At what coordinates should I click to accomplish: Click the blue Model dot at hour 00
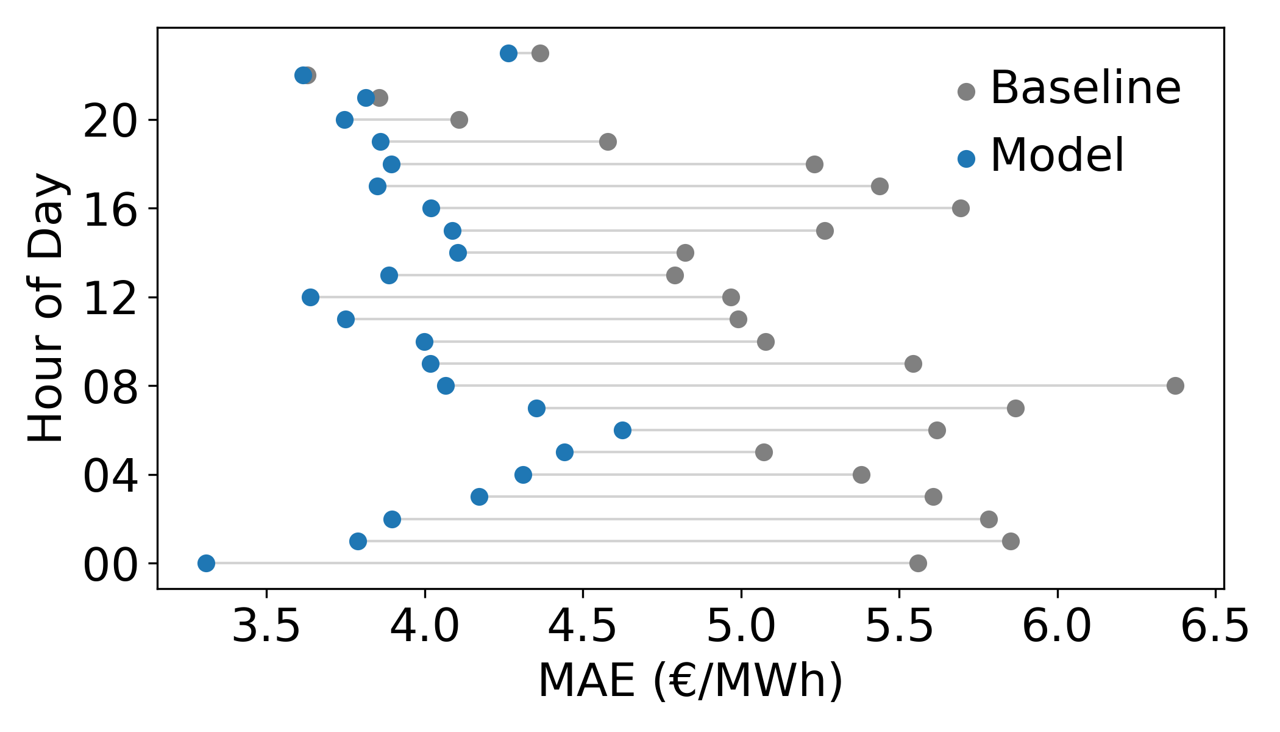click(x=206, y=563)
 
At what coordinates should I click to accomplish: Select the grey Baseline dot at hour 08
click(x=1175, y=386)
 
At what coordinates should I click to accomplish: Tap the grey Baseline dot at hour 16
click(x=961, y=209)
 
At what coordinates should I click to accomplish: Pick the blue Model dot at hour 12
click(x=310, y=298)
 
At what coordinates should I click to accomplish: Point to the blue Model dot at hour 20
click(x=344, y=120)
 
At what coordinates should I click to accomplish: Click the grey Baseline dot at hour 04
click(x=861, y=475)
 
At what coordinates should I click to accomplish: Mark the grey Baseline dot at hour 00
click(x=918, y=563)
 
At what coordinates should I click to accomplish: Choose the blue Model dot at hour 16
click(x=431, y=209)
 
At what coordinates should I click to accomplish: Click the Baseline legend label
click(x=1086, y=88)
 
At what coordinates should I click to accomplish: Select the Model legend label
click(x=1057, y=156)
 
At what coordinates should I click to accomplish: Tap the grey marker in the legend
click(x=966, y=91)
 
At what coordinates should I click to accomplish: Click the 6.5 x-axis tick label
click(x=1215, y=628)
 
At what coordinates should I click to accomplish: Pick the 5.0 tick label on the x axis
click(x=741, y=628)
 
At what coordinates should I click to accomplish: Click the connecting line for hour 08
click(x=792, y=386)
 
